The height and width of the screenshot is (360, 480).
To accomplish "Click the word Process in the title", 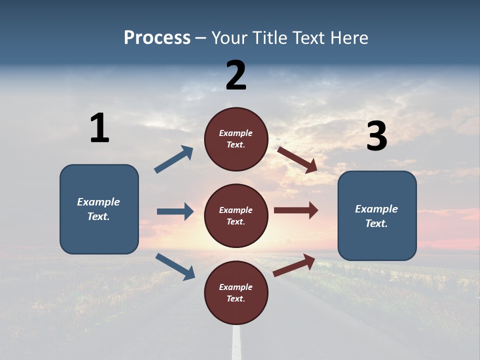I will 157,38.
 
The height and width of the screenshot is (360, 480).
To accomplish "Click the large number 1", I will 99,128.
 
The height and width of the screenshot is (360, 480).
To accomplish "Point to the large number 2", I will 236,75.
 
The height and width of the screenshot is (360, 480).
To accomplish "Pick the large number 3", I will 376,136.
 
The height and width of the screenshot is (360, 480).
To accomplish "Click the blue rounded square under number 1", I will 99,209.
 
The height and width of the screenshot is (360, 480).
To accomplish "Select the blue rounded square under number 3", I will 377,215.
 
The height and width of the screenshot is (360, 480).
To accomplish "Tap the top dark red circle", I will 236,139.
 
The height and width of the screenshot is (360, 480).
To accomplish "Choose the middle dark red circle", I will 236,215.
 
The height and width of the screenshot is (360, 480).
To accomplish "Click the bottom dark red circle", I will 236,292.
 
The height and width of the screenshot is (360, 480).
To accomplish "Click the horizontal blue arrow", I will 175,211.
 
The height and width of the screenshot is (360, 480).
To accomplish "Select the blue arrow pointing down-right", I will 175,266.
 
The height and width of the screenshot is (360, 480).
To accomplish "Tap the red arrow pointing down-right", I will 297,159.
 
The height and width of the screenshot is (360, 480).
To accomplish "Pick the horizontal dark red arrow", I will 296,210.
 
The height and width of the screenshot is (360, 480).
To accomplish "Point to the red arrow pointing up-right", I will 294,265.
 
